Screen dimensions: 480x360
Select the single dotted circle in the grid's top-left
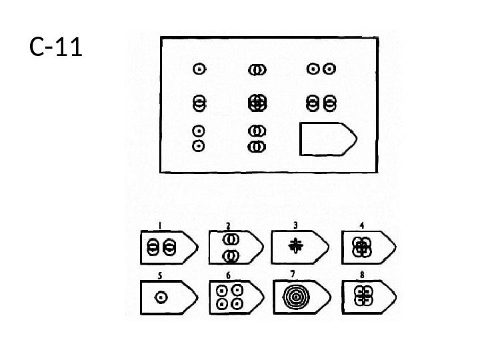[x=198, y=69]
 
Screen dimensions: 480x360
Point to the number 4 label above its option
[x=361, y=225]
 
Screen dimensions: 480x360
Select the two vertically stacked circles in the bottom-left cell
[x=198, y=137]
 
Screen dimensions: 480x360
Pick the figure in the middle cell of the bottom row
[x=257, y=138]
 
